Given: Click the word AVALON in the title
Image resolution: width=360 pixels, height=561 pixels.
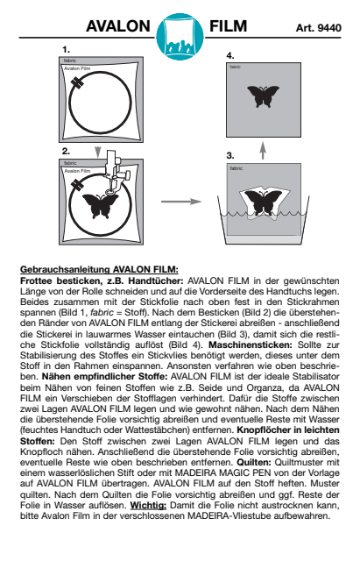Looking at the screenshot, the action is (x=118, y=26).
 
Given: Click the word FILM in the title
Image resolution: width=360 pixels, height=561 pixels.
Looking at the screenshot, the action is (x=228, y=26).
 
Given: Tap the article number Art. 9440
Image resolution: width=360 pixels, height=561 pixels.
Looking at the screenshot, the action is (x=318, y=28).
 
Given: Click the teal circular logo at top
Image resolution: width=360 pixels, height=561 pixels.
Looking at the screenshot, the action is (x=180, y=37).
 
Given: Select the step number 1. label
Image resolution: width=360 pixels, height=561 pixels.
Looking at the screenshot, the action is (x=66, y=49).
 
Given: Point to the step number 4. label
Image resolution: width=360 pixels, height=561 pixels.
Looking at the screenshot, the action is (x=230, y=55).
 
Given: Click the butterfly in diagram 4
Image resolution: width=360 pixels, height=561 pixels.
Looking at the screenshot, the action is (x=263, y=96).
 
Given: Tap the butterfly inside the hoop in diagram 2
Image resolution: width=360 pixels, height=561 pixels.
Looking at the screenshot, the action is (x=100, y=206).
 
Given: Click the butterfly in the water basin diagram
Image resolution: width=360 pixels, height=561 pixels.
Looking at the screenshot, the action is (x=263, y=202).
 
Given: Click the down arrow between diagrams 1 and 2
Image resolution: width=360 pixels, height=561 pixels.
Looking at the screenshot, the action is (x=97, y=152).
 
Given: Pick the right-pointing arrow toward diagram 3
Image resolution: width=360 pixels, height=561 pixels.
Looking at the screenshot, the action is (x=181, y=202).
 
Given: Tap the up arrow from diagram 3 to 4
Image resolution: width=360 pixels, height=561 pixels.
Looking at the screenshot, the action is (x=263, y=151).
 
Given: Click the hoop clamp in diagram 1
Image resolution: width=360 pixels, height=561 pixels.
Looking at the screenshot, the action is (x=77, y=82).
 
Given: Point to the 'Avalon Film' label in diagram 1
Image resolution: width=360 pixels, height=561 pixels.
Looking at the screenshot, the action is (x=77, y=68).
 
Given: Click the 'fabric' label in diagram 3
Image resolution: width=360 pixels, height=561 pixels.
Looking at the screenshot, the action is (x=236, y=168).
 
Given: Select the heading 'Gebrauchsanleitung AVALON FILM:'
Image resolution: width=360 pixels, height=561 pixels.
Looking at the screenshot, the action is (x=99, y=269).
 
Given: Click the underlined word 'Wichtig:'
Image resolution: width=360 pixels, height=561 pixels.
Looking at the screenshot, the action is (x=148, y=506).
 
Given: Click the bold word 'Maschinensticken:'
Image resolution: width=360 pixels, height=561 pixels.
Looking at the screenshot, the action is (x=251, y=344).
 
